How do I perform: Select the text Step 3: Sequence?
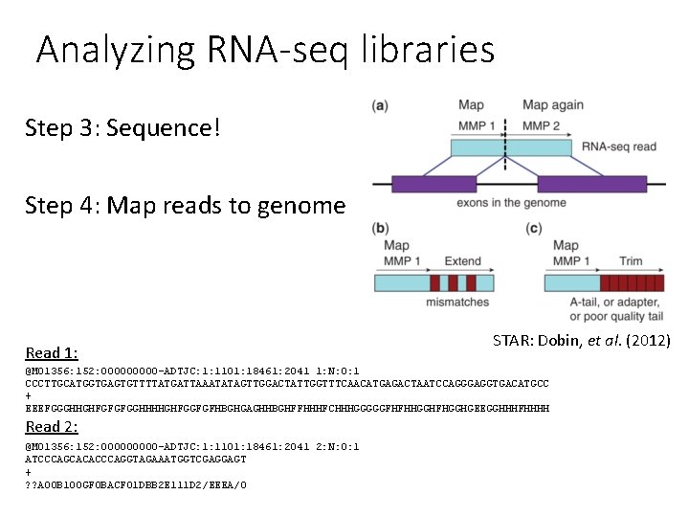coord(122,127)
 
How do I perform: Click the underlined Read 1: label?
coord(52,353)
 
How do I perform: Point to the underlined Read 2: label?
coord(52,427)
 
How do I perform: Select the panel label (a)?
coord(380,105)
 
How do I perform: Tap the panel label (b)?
coord(380,228)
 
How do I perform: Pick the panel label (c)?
coord(534,228)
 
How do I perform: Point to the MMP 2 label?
coord(541,124)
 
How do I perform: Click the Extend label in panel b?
coord(462,261)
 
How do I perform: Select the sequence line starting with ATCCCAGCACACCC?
coord(135,460)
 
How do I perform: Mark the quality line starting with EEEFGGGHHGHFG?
coord(287,408)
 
